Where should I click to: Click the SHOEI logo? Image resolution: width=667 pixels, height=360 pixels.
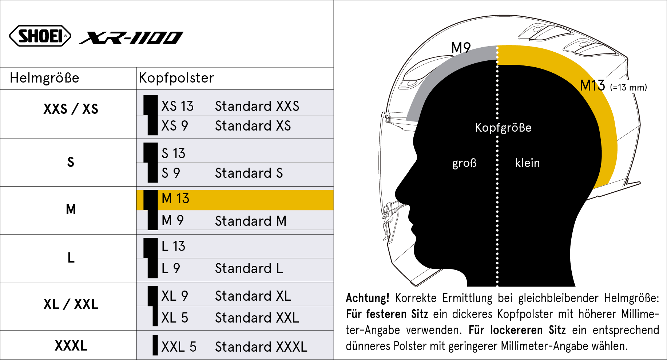[40, 36]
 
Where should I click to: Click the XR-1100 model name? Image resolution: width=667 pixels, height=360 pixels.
[131, 37]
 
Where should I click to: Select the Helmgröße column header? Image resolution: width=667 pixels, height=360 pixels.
[44, 78]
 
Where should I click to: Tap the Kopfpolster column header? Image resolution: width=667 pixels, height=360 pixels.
[176, 78]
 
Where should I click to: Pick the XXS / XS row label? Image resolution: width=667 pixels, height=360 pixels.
[71, 109]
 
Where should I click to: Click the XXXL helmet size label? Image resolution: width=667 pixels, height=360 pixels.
[71, 345]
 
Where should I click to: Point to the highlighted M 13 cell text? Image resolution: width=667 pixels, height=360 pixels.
[175, 199]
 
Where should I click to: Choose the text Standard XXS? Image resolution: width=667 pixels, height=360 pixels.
[257, 106]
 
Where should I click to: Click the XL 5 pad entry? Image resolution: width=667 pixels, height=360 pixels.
[175, 318]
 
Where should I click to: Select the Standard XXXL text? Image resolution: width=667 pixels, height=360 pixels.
[261, 347]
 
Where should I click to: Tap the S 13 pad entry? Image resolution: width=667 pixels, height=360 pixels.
[173, 153]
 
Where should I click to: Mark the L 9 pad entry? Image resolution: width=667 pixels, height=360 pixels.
[171, 268]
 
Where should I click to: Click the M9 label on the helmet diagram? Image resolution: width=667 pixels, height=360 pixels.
[461, 48]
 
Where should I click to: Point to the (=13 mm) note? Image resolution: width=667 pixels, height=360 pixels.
[628, 88]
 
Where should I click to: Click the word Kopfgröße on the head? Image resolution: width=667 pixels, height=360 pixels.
[503, 128]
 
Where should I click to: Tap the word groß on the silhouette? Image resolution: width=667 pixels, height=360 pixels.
[464, 163]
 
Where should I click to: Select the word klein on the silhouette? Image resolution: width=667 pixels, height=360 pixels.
[527, 163]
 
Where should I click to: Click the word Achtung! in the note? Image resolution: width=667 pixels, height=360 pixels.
[367, 298]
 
